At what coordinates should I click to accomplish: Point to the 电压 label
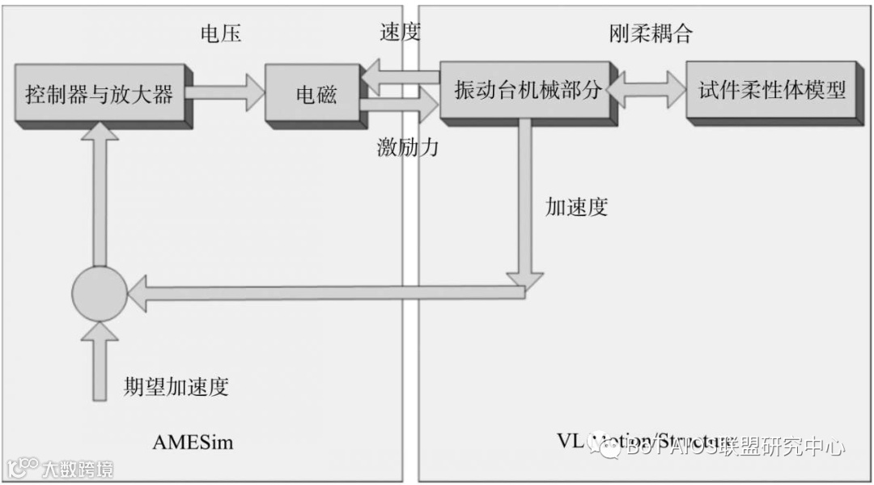(x=221, y=33)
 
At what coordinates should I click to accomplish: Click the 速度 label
(x=400, y=33)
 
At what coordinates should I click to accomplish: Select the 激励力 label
(x=407, y=147)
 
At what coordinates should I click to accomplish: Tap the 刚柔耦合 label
(x=651, y=33)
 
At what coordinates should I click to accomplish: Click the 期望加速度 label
(x=176, y=386)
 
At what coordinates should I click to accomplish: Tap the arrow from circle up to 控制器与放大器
(x=100, y=194)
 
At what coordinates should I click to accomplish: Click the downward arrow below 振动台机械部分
(x=526, y=202)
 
